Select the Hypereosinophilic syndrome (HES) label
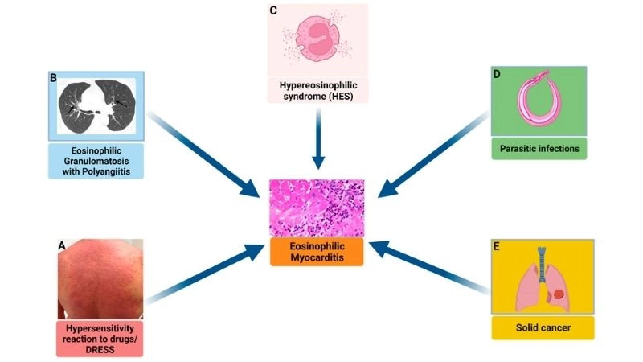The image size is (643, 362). click(317, 91)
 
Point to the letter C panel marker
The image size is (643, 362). click(274, 10)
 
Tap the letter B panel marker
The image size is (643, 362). click(52, 79)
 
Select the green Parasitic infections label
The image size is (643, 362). click(539, 149)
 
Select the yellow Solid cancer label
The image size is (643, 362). click(543, 327)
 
